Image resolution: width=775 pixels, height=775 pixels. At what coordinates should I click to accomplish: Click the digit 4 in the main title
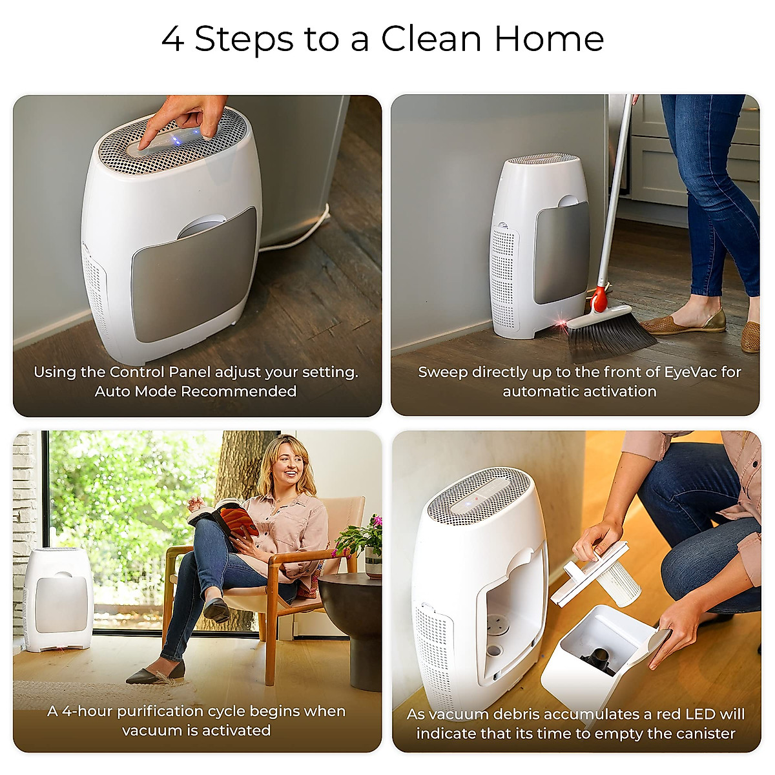tap(172, 39)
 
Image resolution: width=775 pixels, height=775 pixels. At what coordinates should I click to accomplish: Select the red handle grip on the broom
tap(599, 299)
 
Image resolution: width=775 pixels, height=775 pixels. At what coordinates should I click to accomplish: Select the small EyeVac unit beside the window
tap(58, 597)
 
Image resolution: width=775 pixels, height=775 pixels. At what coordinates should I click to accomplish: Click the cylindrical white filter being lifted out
tap(617, 584)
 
